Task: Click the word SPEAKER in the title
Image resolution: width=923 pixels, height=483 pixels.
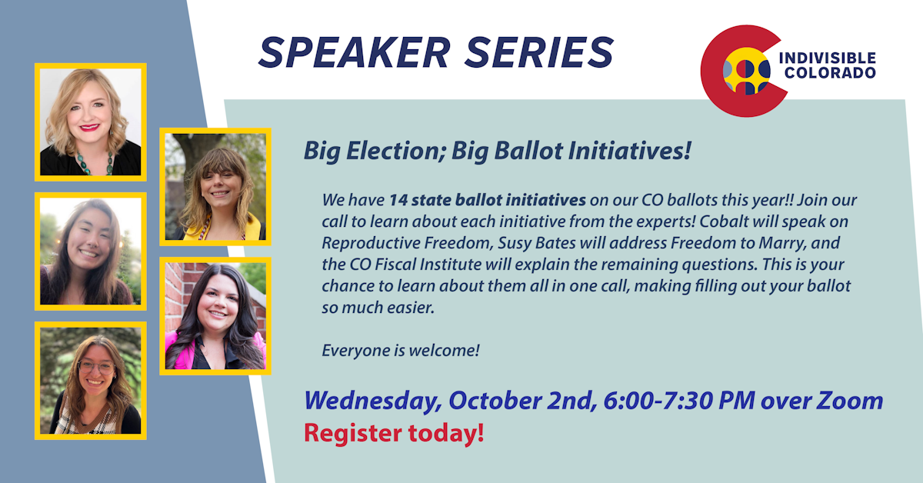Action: (355, 52)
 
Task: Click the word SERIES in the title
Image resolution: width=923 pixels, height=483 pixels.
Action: (540, 52)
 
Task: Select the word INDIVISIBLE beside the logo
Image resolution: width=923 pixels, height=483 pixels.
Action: (828, 58)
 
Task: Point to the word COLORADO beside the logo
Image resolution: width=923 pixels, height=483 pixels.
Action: (830, 73)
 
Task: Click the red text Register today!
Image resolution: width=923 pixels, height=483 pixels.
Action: (394, 434)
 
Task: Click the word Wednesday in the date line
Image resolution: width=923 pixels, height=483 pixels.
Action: (373, 401)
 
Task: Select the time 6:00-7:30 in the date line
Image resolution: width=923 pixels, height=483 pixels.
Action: (658, 401)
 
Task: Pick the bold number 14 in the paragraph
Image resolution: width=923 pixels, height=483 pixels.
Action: (398, 200)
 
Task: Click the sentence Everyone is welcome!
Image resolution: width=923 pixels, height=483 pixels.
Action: (401, 350)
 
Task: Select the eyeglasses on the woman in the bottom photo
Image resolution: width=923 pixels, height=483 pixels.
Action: (95, 367)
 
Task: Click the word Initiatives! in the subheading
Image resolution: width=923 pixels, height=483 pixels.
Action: (630, 151)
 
